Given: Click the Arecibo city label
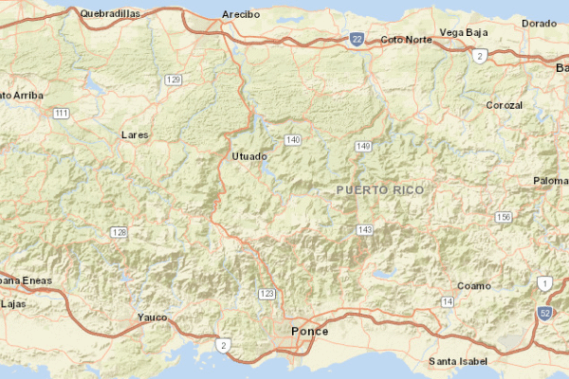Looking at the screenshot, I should [x=240, y=14].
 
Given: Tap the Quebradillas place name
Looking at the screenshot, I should [x=111, y=13].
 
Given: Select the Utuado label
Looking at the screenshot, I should [x=249, y=155].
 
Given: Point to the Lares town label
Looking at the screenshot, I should [x=136, y=135].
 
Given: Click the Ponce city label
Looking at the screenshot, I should [x=309, y=331].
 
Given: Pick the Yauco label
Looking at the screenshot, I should [x=152, y=316].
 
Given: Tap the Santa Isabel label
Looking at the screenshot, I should [x=458, y=361].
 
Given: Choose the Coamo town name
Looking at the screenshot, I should [x=474, y=285].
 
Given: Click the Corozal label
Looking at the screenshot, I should [x=504, y=104].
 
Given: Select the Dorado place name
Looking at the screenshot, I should [x=539, y=23].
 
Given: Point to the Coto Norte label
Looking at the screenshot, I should [x=406, y=39].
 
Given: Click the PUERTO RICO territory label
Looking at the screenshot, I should [x=380, y=189].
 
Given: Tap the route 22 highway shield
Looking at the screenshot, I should [x=356, y=39].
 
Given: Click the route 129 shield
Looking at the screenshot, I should [x=173, y=80].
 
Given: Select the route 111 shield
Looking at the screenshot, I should [x=62, y=113].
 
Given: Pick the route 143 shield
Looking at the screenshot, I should [x=365, y=230].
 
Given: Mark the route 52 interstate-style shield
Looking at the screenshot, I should [x=544, y=312].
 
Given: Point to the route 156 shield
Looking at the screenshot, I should [x=504, y=217].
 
